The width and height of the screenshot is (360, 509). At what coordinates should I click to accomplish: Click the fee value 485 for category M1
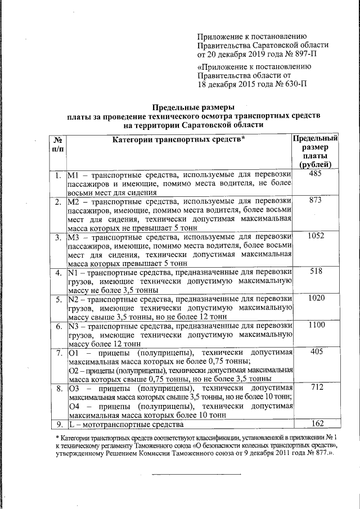tap(315, 175)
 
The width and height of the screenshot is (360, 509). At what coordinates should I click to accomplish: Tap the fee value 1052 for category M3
tap(316, 236)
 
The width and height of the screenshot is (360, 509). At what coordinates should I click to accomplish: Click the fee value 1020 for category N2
tap(316, 298)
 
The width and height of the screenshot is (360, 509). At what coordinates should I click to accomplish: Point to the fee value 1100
tap(316, 325)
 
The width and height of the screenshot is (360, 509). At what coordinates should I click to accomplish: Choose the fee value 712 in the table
tap(315, 388)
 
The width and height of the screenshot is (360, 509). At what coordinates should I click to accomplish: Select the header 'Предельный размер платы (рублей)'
tap(316, 151)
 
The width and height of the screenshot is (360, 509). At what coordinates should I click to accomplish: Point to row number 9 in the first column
tap(58, 424)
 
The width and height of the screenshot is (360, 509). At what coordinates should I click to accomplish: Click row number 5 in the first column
tap(58, 299)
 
